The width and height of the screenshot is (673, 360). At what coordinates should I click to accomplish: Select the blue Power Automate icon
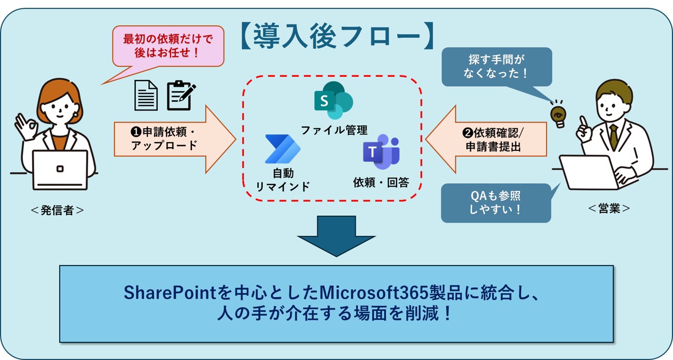point(280,149)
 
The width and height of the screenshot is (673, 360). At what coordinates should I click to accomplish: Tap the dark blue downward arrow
point(336,235)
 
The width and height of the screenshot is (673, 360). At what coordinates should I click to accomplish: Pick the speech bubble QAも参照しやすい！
point(495,203)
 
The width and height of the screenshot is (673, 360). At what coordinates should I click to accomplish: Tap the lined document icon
point(146,95)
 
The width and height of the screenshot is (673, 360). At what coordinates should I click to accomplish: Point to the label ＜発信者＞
point(57,210)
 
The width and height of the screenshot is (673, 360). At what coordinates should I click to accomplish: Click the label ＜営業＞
point(609,208)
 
